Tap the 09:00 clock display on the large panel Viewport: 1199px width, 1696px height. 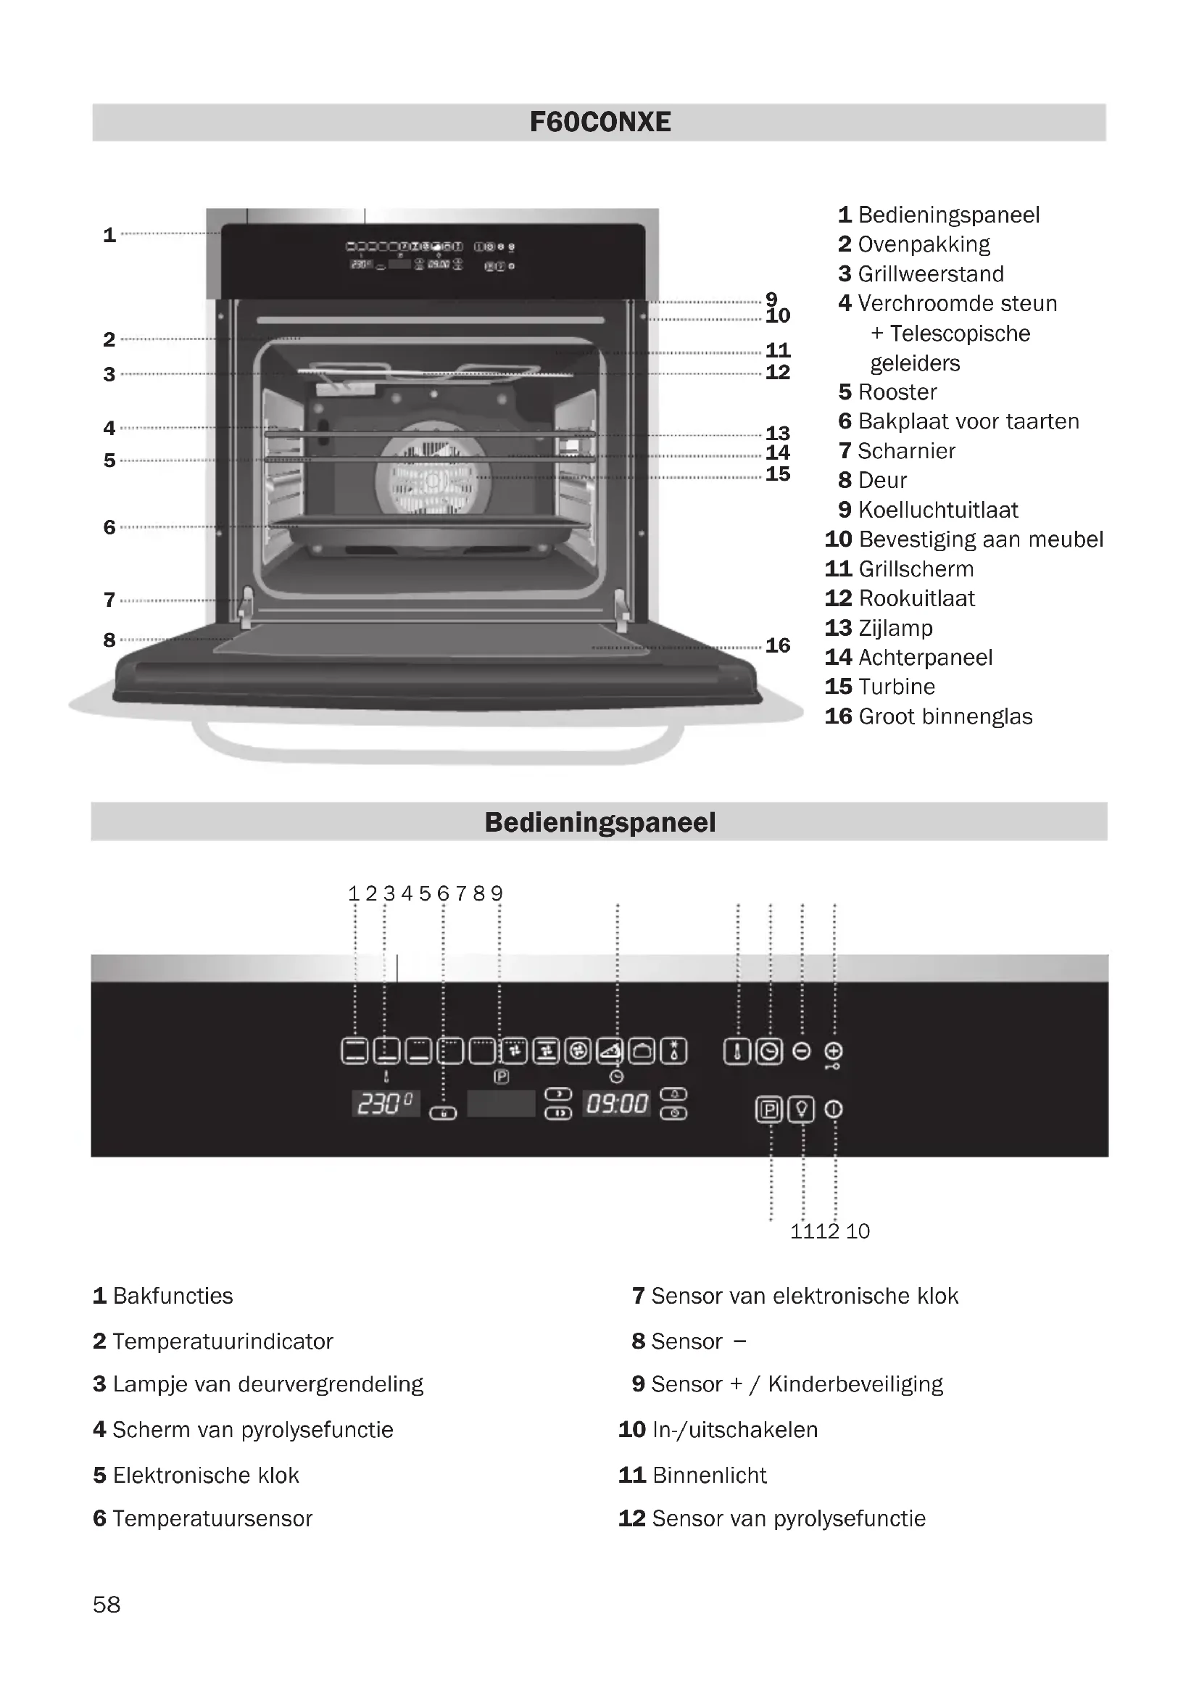616,1104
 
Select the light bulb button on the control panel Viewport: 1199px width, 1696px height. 801,1109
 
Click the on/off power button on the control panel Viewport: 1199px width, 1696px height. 834,1109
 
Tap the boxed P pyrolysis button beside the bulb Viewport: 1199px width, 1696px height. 768,1109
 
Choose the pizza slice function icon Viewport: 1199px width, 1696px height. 610,1051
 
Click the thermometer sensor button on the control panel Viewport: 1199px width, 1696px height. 737,1051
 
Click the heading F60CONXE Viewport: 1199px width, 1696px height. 599,122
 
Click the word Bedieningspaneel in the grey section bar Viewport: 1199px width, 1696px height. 599,822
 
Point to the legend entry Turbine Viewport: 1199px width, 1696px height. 896,687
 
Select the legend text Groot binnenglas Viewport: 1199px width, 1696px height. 945,716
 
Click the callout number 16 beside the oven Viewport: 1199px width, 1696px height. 777,645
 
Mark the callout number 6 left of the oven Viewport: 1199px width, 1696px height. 109,527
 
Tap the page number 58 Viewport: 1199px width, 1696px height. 107,1605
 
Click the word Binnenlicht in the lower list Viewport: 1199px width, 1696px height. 710,1475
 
